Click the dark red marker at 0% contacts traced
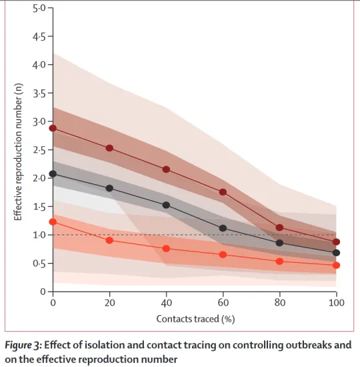53,128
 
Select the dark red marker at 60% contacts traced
223,192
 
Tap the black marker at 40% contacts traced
166,206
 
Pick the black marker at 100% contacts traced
336,253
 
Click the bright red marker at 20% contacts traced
109,240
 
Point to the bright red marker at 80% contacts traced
279,262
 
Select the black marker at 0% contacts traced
53,174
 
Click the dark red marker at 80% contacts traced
279,228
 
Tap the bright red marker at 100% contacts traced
336,265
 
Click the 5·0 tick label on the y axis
39,9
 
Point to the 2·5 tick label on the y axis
39,150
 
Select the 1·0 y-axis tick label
39,235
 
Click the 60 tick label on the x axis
223,303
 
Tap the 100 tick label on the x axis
337,303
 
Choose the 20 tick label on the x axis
109,303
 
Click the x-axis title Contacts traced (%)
195,319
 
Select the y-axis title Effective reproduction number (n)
18,152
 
